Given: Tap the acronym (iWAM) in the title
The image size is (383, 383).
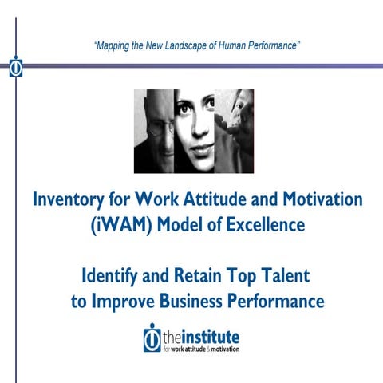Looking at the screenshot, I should coord(117,226).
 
